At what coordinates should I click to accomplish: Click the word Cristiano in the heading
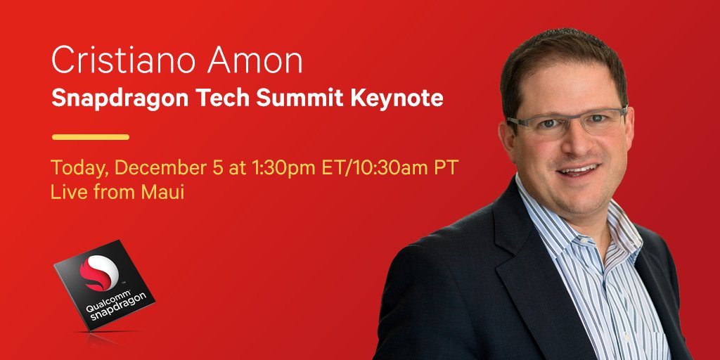pos(124,60)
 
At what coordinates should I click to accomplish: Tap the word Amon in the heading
pos(255,60)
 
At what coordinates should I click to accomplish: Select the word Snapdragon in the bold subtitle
pos(120,98)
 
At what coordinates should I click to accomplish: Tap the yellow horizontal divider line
pos(91,137)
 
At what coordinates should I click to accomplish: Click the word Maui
pos(162,193)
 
